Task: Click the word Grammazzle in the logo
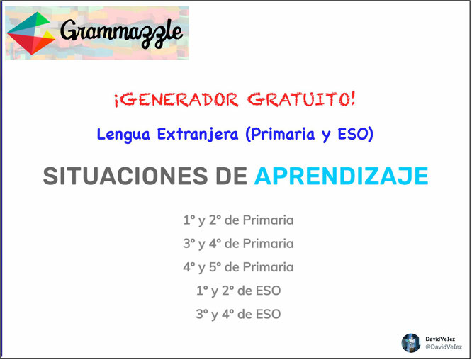tap(121, 33)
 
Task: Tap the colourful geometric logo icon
tap(30, 33)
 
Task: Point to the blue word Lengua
tap(123, 134)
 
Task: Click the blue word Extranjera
tap(198, 134)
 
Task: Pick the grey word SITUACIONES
tap(125, 176)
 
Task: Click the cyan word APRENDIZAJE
tap(342, 176)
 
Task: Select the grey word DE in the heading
tap(232, 176)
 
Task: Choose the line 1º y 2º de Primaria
tap(238, 220)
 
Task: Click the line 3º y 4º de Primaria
tap(238, 244)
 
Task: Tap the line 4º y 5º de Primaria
tap(238, 267)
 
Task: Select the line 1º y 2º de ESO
tap(238, 291)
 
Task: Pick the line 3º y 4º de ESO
tap(238, 314)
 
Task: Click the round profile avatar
tap(411, 343)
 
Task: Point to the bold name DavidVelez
tap(440, 339)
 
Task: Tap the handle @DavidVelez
tap(444, 347)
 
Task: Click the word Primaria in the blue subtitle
tap(283, 134)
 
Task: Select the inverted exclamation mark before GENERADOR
tap(117, 101)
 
